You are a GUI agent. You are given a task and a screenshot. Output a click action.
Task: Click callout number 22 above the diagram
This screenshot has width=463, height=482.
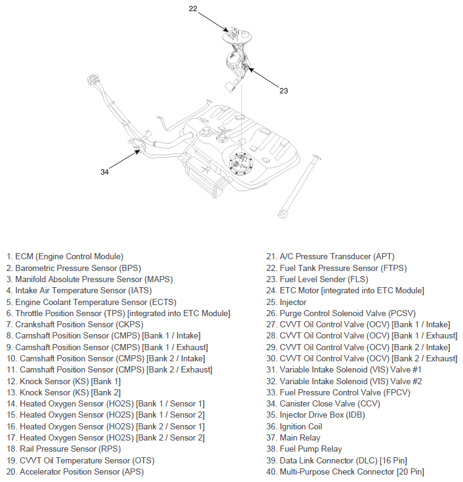[x=193, y=9]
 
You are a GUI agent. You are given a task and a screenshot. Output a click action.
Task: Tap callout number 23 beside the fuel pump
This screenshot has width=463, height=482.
[x=283, y=91]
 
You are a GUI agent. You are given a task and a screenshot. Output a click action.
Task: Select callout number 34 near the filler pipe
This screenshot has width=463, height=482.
[x=105, y=172]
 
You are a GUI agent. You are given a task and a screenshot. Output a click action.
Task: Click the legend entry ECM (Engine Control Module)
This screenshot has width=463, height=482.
[x=65, y=256]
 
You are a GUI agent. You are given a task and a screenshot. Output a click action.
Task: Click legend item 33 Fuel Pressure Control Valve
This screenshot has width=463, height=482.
[x=338, y=392]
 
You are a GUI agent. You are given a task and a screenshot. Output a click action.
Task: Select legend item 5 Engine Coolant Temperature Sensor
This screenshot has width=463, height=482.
[x=92, y=302]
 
